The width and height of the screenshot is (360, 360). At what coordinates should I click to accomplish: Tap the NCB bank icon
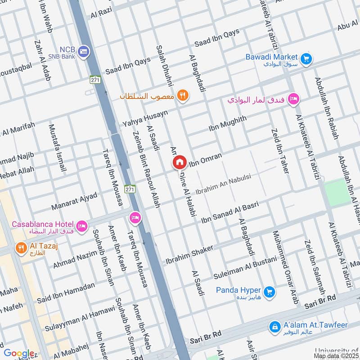coord(84,52)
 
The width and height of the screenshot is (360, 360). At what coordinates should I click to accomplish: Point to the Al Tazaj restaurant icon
coord(21,248)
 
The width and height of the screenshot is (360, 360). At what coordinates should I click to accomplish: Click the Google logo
coord(18,354)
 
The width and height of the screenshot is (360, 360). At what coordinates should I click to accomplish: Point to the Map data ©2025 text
coord(336,356)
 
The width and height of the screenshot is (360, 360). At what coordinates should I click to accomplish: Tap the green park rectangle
coord(336,193)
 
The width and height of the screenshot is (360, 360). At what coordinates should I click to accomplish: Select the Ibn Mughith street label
coord(228,124)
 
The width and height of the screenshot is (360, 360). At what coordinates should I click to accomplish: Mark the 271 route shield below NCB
coord(95,79)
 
